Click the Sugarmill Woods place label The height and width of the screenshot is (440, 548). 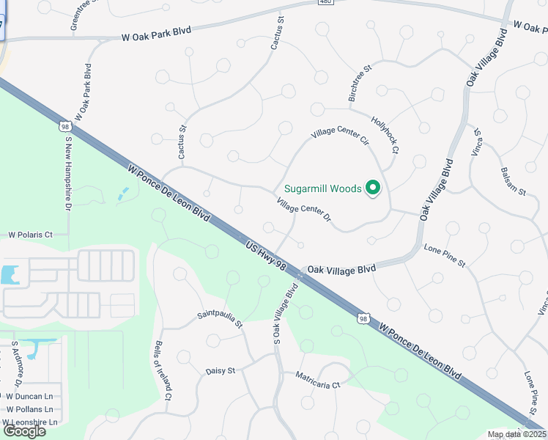click(x=323, y=188)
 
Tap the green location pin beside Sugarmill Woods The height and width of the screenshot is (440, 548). click(x=373, y=188)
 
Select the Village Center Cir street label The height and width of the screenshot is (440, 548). click(x=339, y=134)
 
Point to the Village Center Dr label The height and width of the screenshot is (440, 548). click(x=304, y=210)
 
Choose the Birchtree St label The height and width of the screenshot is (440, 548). click(x=361, y=84)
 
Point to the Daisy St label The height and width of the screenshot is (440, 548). click(x=220, y=371)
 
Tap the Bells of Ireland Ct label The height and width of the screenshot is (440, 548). click(x=163, y=370)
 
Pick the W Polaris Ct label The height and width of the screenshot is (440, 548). click(x=31, y=235)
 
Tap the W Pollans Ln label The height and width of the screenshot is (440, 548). click(x=30, y=408)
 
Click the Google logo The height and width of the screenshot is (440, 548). click(x=24, y=431)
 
